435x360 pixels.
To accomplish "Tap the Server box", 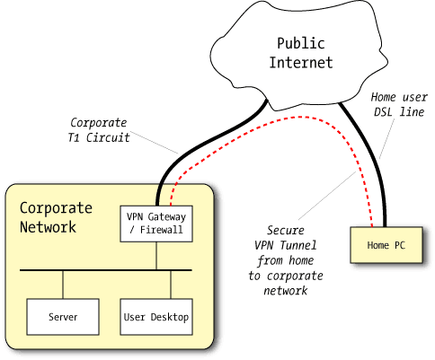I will [x=63, y=317].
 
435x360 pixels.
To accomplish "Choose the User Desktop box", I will [x=156, y=317].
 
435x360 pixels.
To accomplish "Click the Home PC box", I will [x=385, y=245].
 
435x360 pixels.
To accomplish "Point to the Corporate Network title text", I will [x=56, y=217].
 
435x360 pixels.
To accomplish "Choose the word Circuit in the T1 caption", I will [x=113, y=140].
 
